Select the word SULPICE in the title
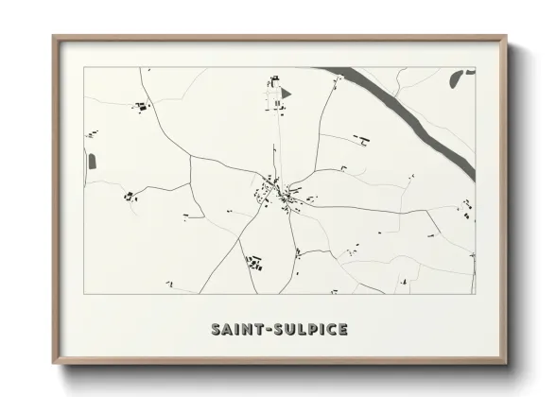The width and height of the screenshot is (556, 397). click(x=310, y=330)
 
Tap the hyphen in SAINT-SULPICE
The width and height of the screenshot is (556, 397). click(x=269, y=330)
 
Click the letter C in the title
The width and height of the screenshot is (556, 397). click(x=332, y=330)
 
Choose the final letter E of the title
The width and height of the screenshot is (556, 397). click(x=342, y=330)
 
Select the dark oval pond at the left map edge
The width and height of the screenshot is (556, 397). click(x=93, y=161)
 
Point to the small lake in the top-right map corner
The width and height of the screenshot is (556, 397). click(x=467, y=71)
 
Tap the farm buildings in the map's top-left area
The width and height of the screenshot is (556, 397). click(x=142, y=108)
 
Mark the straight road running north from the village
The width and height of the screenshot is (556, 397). click(x=277, y=142)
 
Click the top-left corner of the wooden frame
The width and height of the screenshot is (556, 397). click(x=54, y=38)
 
